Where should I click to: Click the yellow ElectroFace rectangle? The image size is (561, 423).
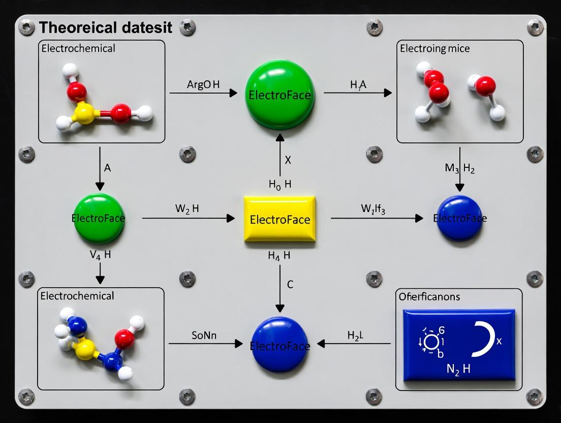pos(279,219)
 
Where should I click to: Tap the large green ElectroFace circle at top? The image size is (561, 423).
pos(280,95)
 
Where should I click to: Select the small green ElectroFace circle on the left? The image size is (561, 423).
pos(99,219)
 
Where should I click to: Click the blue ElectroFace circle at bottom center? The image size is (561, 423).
pos(279,345)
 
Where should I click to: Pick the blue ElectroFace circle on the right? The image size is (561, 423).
pos(459,218)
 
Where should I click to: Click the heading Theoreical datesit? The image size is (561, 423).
pos(106,27)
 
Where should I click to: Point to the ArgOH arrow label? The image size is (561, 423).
pos(203,85)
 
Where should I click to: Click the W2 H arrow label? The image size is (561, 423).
pos(186,209)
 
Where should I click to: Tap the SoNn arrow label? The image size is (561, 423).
pos(204,336)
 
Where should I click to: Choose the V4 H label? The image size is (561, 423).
pos(100,255)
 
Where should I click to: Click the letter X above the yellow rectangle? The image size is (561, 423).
pos(288,160)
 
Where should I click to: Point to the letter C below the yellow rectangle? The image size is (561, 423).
pos(290,285)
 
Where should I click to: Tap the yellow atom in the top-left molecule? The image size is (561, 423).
pos(85,114)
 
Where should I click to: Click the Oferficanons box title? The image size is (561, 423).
pos(430,296)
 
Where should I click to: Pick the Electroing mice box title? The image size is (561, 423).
pos(434,49)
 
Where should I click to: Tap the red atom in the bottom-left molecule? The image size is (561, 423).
pos(125,339)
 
